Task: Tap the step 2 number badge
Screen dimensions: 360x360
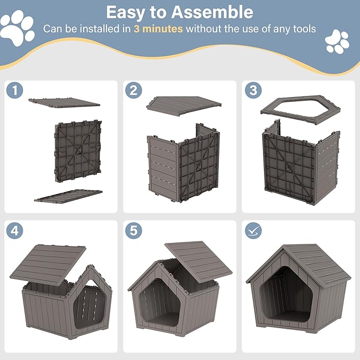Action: pos(133,91)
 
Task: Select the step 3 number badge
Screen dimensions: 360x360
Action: pos(253,91)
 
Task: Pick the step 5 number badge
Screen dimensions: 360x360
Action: pos(133,231)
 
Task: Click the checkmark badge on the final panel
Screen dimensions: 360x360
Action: pos(253,231)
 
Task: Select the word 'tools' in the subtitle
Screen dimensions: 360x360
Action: pos(303,29)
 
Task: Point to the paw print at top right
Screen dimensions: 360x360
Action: pos(337,41)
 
